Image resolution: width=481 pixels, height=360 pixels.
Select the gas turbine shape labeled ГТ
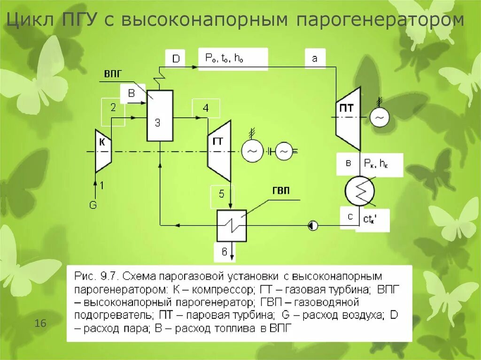(x=219, y=150)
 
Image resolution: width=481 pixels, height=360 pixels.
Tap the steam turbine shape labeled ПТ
(x=348, y=117)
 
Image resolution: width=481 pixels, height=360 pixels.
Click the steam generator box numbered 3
(x=160, y=116)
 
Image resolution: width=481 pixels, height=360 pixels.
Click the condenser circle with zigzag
(x=360, y=191)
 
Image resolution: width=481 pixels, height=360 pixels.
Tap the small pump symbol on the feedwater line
(x=313, y=226)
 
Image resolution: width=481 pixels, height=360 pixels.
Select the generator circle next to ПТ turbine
(x=379, y=117)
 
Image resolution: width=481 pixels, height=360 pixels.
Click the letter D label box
(x=176, y=58)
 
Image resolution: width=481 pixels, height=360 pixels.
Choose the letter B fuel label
(x=132, y=93)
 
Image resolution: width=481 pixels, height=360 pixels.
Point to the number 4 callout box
(x=206, y=108)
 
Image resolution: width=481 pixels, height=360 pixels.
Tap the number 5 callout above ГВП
(x=222, y=194)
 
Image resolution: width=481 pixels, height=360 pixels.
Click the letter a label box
(x=315, y=58)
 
